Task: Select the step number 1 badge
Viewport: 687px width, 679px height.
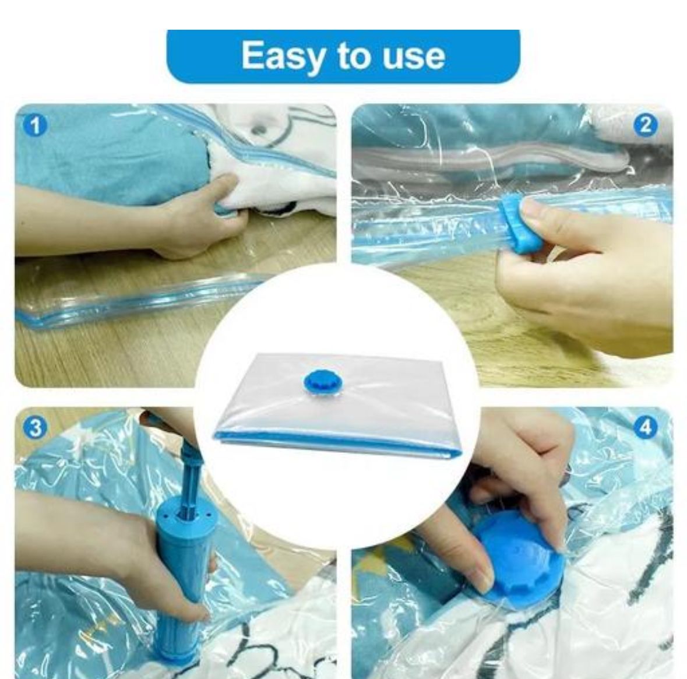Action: [x=36, y=126]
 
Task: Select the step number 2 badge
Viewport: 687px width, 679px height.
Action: [x=646, y=126]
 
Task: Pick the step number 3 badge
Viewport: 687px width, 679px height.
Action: [x=36, y=428]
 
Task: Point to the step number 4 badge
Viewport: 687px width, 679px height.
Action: [x=646, y=428]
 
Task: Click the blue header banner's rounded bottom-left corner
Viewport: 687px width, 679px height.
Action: [x=172, y=79]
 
